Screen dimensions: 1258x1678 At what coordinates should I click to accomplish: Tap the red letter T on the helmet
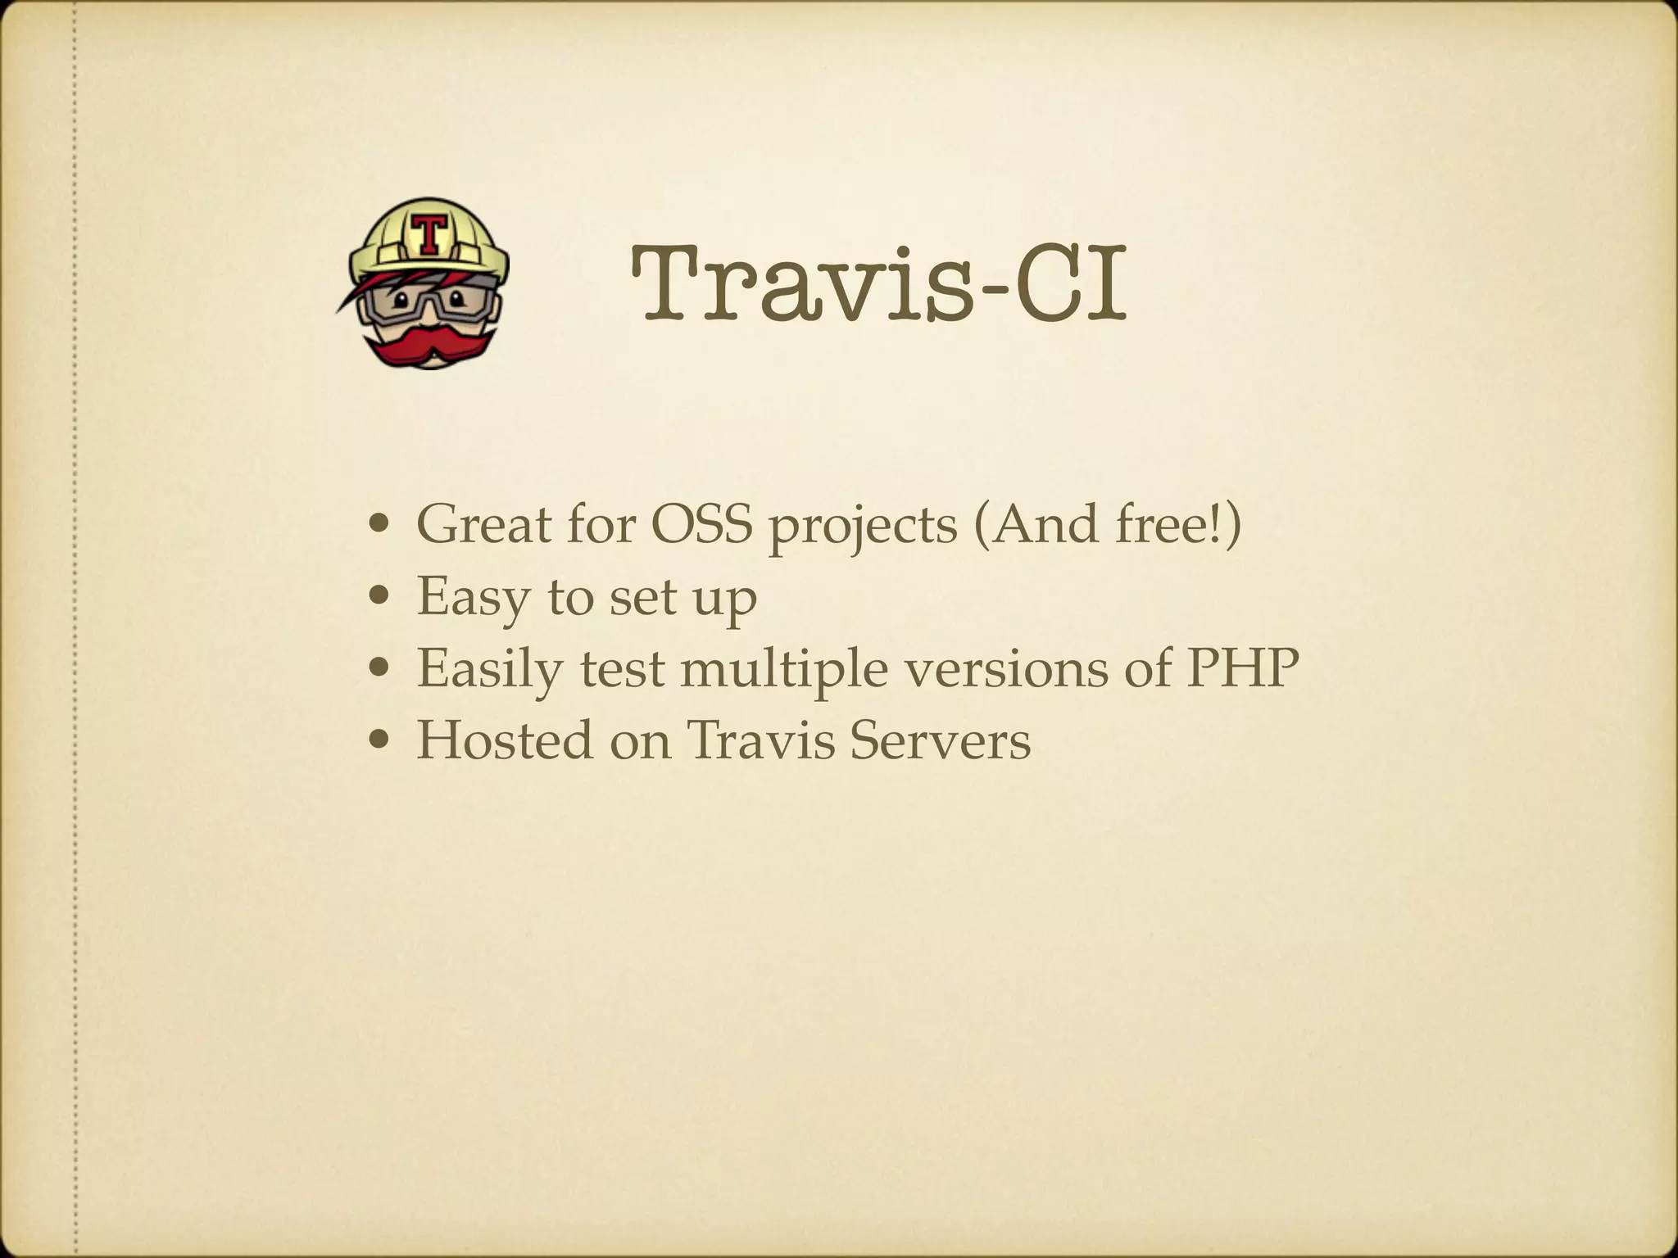[x=427, y=235]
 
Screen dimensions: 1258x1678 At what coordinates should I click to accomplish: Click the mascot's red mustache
[x=427, y=344]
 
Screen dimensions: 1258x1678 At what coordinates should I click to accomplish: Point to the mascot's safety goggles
[x=426, y=303]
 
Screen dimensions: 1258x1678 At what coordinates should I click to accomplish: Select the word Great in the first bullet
[x=483, y=524]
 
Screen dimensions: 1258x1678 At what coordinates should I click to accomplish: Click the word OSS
[x=701, y=524]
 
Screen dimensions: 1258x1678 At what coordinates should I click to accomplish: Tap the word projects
[x=862, y=527]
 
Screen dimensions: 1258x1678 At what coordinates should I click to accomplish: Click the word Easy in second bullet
[x=473, y=596]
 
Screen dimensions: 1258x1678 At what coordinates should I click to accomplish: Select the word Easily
[x=490, y=668]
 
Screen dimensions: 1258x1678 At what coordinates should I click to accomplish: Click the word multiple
[x=783, y=668]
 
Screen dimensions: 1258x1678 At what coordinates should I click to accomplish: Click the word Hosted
[x=505, y=740]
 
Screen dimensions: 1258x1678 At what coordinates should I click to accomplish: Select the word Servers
[x=939, y=740]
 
